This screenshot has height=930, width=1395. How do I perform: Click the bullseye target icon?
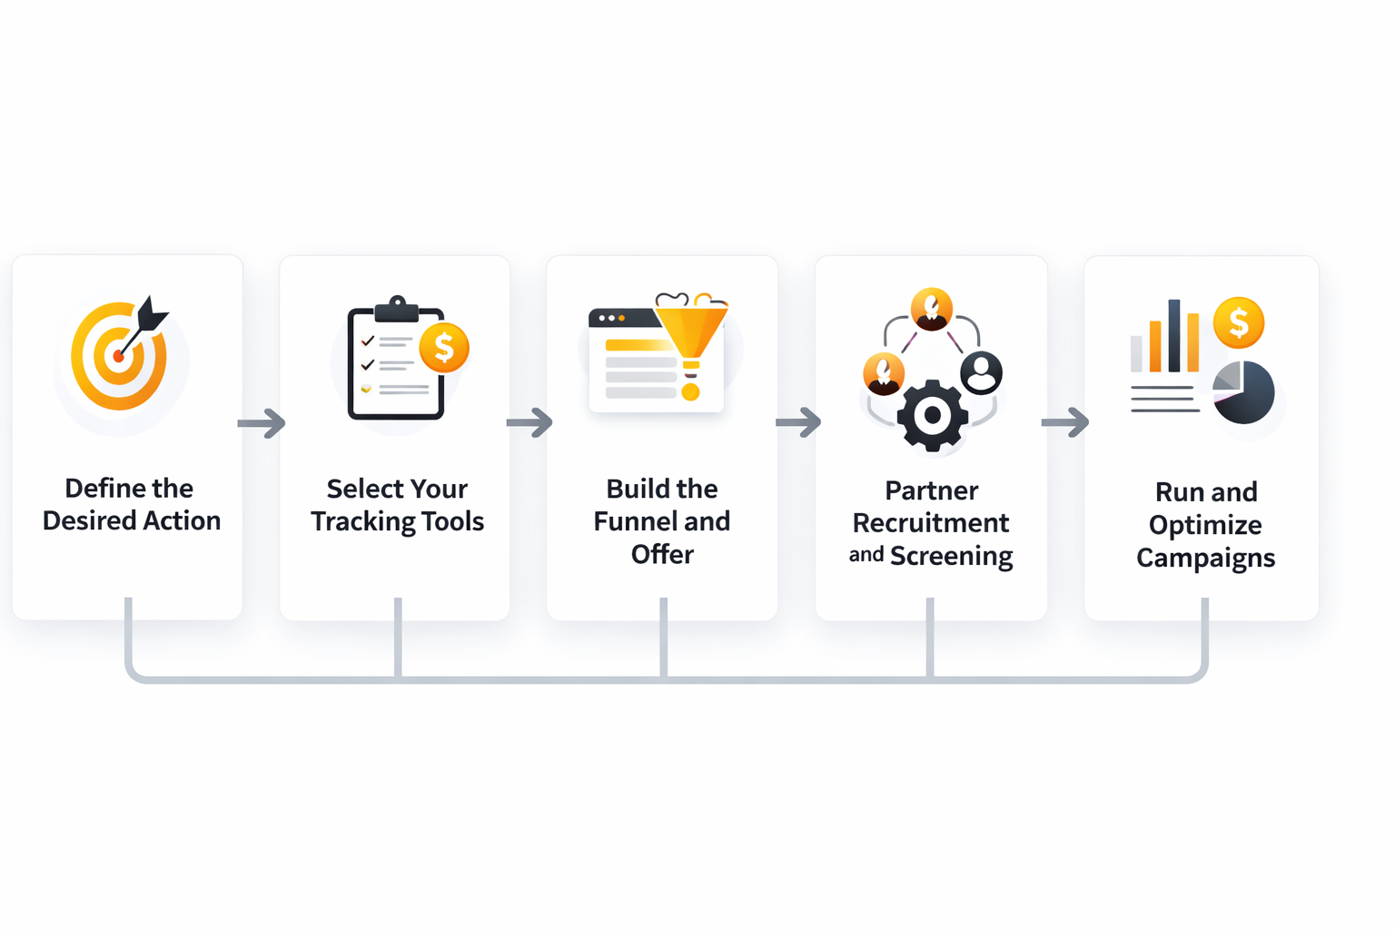(x=119, y=355)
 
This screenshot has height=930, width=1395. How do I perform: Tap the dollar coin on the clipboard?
(x=443, y=348)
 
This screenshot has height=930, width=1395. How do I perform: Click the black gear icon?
(x=932, y=416)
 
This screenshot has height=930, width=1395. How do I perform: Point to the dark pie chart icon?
(x=1244, y=392)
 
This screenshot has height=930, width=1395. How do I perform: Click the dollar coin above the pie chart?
(x=1238, y=322)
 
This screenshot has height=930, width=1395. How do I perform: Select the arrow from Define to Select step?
(x=262, y=423)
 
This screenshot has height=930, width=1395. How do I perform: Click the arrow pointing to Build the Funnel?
(x=529, y=422)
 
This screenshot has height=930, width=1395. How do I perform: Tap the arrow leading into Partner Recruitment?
(x=798, y=422)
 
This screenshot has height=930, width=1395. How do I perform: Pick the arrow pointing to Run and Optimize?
(x=1064, y=422)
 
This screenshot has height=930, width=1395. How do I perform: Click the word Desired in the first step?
(x=87, y=521)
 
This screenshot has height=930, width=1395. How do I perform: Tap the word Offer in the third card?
(x=662, y=555)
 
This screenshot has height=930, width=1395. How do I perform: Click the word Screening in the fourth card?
(x=951, y=556)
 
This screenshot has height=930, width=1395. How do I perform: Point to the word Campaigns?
(x=1205, y=558)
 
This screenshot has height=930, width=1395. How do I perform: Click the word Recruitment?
(x=930, y=523)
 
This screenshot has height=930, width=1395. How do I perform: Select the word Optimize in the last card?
(x=1205, y=525)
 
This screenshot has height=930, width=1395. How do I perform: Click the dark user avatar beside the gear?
(x=981, y=372)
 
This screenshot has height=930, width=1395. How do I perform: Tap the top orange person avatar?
(x=932, y=309)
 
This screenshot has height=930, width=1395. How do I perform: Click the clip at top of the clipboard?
(x=397, y=309)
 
